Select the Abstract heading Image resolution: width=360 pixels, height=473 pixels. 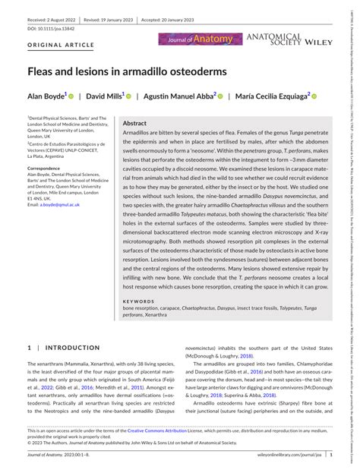(x=134, y=123)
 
